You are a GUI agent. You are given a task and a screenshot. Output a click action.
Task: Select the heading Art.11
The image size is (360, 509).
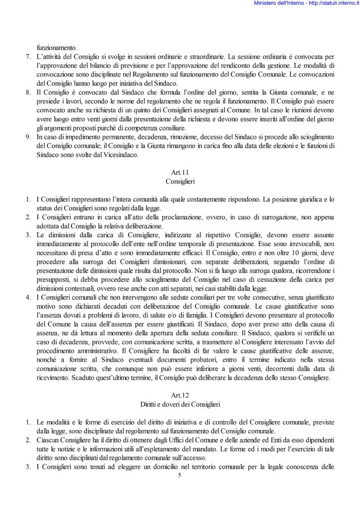[180, 172]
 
